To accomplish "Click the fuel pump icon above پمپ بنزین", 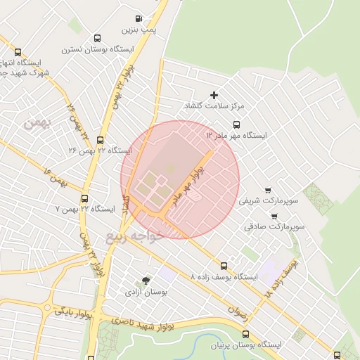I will tap(139, 19).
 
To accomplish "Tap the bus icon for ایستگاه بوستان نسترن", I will tap(96, 39).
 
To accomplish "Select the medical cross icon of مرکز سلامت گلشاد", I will tap(214, 95).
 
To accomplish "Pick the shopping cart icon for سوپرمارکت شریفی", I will tap(268, 190).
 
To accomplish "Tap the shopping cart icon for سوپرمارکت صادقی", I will tap(274, 216).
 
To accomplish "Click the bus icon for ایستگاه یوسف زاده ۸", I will tap(224, 266).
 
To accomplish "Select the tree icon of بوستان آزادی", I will tap(146, 280).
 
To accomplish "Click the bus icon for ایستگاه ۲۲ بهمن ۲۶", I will tap(100, 140).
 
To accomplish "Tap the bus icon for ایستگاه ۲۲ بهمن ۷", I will tap(85, 198).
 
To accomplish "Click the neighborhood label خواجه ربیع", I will tap(134, 237).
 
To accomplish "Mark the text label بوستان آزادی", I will tap(146, 290).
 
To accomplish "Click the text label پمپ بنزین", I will tap(138, 30).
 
